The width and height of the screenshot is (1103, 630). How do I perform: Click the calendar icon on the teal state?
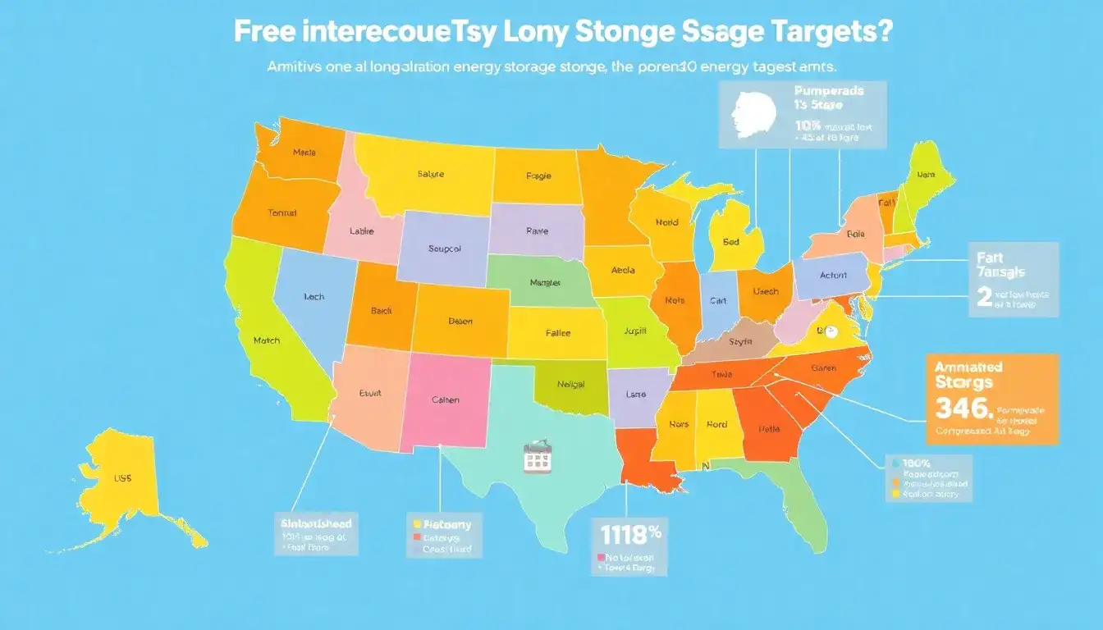[x=536, y=456]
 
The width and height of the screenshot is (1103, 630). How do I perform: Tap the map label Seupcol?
[x=445, y=249]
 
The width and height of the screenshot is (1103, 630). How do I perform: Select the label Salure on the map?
[x=430, y=174]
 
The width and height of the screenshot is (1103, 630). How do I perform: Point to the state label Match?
[x=267, y=340]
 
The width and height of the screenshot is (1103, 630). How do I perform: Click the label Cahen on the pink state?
[x=445, y=400]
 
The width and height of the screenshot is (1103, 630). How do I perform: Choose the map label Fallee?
[x=558, y=334]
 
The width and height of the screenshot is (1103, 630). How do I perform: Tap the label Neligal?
[x=570, y=384]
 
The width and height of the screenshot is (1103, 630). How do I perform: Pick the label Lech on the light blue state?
[x=314, y=297]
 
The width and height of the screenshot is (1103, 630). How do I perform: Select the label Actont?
[x=833, y=276]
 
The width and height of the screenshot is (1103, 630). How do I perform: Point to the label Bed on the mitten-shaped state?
[x=731, y=243]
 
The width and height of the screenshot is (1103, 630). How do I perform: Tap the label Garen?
[x=823, y=368]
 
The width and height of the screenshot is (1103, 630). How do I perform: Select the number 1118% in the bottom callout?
[x=630, y=534]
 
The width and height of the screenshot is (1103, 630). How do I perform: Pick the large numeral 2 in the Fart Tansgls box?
[x=985, y=297]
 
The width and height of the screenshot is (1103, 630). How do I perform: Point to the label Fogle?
[x=538, y=176]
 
